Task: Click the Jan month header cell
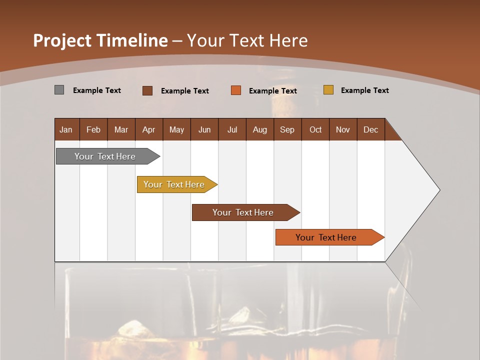point(66,129)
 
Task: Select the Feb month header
point(93,129)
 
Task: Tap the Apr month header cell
point(148,129)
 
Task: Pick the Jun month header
point(204,129)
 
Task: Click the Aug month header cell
point(259,129)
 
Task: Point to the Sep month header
point(287,129)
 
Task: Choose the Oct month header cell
point(315,129)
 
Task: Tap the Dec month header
point(370,129)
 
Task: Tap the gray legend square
point(59,90)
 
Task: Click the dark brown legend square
point(147,90)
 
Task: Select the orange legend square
point(236,90)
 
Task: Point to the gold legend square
point(328,90)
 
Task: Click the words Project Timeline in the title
point(100,40)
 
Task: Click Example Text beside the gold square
point(364,90)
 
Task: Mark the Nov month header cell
point(342,129)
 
